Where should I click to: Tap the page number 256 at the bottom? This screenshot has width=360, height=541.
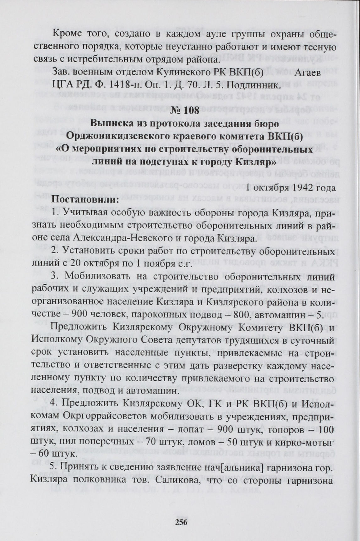181,522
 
